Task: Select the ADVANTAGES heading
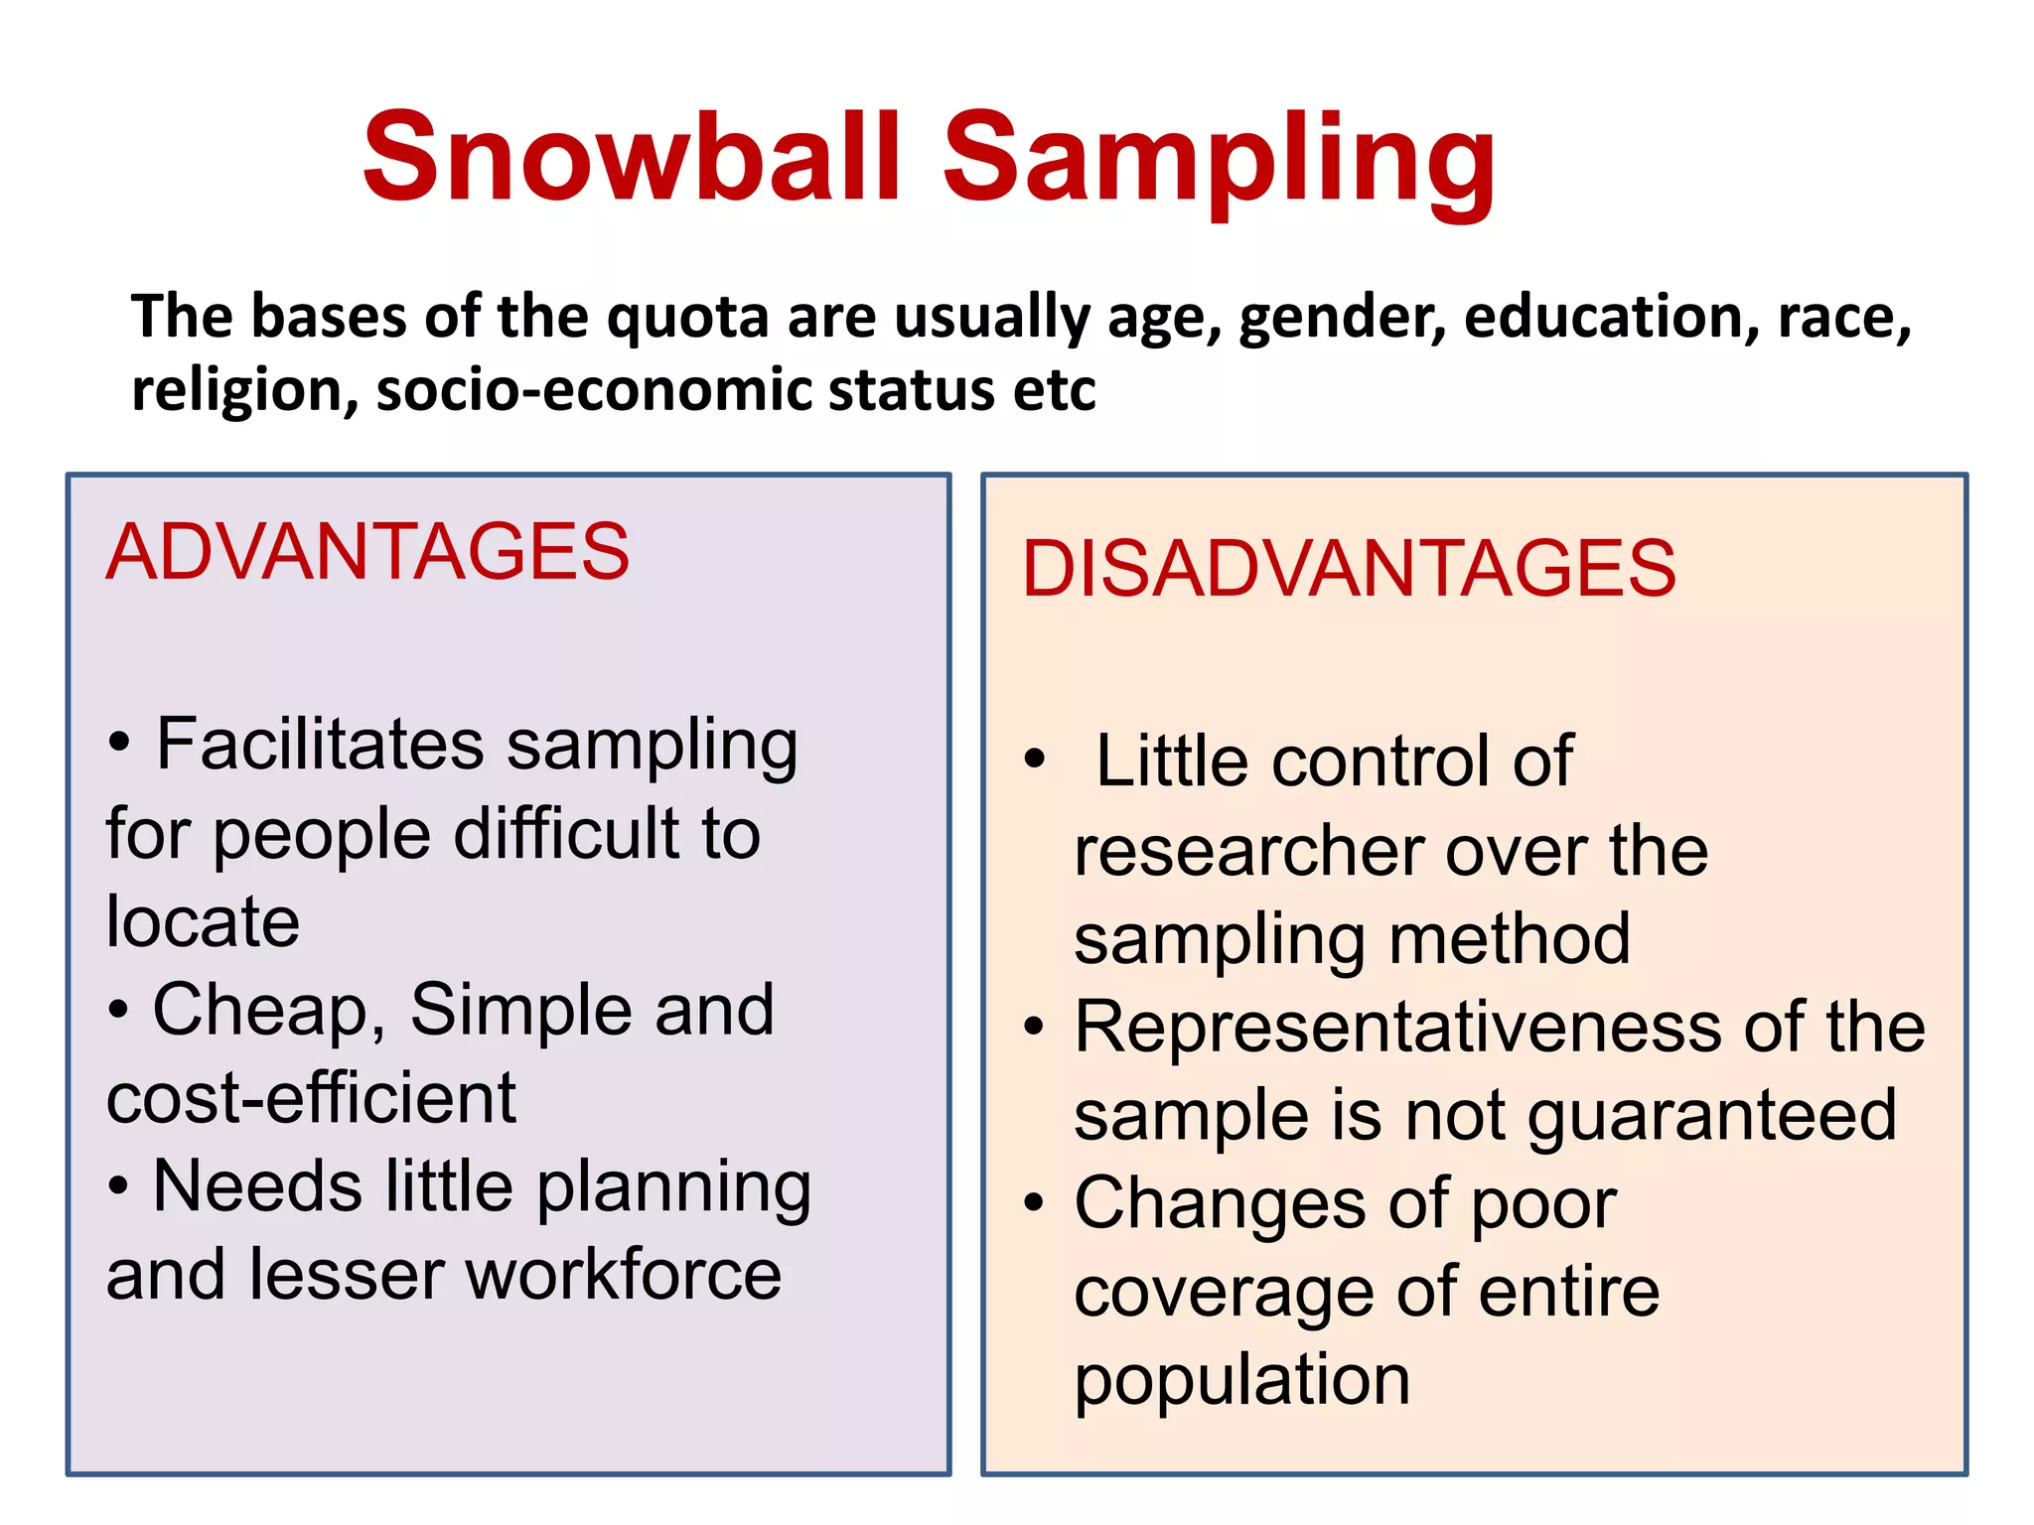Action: point(367,552)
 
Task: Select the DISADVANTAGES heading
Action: point(1349,569)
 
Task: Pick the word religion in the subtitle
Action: point(244,389)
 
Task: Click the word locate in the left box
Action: point(203,921)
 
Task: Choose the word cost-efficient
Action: point(312,1098)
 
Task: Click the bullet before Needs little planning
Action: point(118,1185)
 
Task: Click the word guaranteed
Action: point(1712,1116)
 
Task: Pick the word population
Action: point(1241,1380)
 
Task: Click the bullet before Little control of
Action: point(1035,760)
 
